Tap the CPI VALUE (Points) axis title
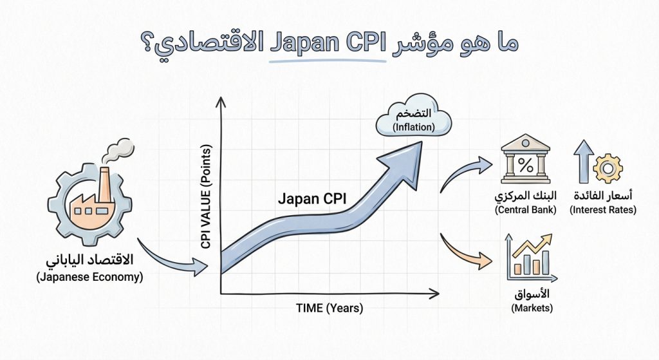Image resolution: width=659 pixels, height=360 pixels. click(207, 194)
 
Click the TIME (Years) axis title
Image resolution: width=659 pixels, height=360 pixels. click(329, 308)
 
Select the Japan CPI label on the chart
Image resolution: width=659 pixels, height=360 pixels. click(312, 199)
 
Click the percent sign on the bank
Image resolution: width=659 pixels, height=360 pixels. click(525, 165)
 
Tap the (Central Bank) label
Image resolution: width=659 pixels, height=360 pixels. click(525, 210)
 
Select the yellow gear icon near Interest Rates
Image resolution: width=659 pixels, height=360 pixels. click(607, 167)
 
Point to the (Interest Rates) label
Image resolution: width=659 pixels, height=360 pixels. click(603, 210)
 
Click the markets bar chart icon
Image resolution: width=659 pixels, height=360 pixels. click(531, 258)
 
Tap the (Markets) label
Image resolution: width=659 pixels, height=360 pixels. click(532, 308)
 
